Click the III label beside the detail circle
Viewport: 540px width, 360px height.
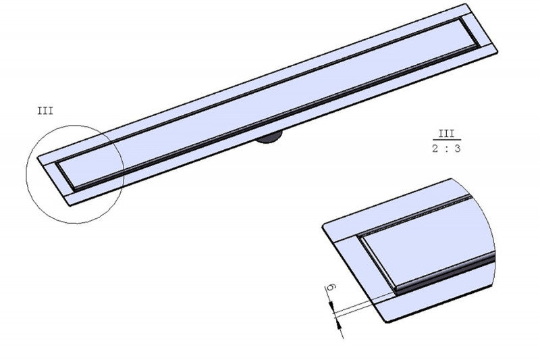click(45, 111)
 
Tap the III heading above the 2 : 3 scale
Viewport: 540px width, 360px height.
click(447, 134)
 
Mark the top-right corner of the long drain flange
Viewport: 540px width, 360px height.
click(465, 5)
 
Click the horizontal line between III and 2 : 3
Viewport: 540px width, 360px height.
click(447, 140)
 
